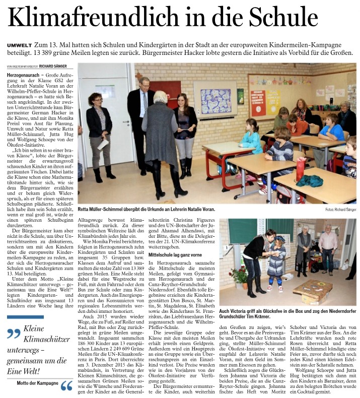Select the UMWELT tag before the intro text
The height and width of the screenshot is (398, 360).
20,46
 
